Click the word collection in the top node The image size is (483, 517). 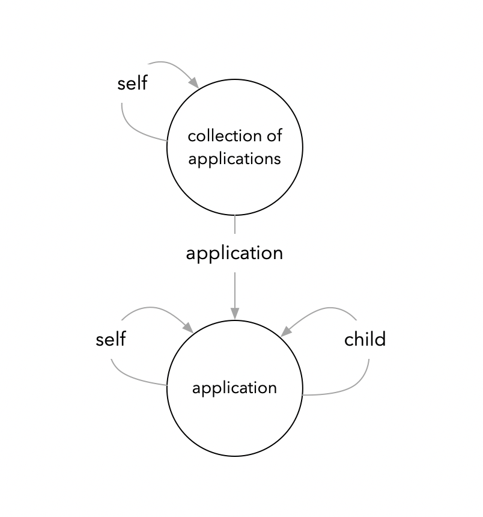(x=224, y=136)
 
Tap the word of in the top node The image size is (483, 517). (x=275, y=136)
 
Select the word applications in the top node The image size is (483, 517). (x=234, y=159)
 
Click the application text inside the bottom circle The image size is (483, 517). (x=234, y=388)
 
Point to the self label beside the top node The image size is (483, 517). (x=132, y=83)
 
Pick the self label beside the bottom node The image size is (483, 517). (x=111, y=340)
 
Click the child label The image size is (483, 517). (x=365, y=340)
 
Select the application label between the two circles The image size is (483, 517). (x=234, y=253)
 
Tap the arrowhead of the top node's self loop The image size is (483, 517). (x=193, y=83)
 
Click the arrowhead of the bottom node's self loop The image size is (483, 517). (x=188, y=328)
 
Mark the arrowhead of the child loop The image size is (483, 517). (x=287, y=331)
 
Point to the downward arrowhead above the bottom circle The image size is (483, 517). (x=234, y=313)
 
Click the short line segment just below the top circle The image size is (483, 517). (x=234, y=224)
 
